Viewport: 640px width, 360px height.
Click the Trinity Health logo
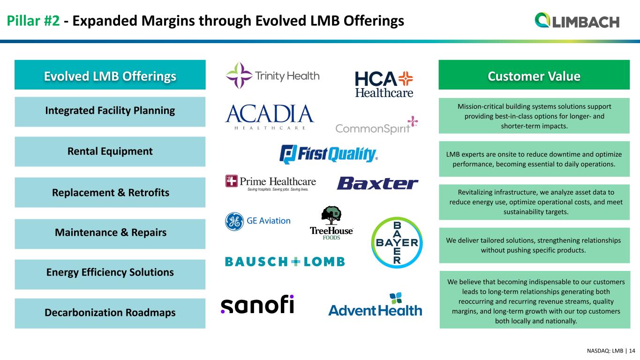pos(272,76)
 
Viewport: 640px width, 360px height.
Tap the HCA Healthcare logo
pos(384,84)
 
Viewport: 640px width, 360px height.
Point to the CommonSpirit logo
pos(376,125)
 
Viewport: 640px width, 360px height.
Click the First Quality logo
pos(329,154)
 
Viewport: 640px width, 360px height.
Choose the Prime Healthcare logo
pos(271,183)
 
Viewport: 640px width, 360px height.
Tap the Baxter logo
pos(377,183)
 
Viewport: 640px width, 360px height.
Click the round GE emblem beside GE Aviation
pos(234,221)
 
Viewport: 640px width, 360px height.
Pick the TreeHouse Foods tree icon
pos(331,215)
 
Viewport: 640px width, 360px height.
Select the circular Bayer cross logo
pos(397,242)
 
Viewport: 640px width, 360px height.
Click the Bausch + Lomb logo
pos(285,262)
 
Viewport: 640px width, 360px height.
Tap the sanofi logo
pos(257,304)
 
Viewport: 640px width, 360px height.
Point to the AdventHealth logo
pos(375,304)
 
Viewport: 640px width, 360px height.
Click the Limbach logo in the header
pos(577,21)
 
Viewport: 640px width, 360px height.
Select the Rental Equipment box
pos(110,152)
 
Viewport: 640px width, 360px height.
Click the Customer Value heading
pos(534,76)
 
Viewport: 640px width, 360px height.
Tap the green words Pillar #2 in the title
pos(33,21)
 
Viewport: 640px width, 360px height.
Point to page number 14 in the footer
pos(632,351)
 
